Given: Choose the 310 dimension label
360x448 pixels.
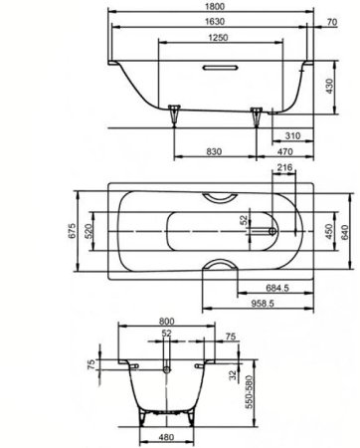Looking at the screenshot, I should click(293, 132).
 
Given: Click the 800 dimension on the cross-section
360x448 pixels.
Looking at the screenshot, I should click(166, 322).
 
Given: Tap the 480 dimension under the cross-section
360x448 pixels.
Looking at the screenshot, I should click(165, 437).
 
